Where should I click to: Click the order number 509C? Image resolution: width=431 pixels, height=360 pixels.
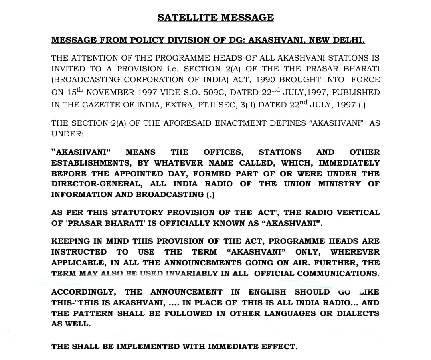pyautogui.click(x=214, y=93)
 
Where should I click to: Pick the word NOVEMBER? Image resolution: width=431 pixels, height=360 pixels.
pyautogui.click(x=110, y=93)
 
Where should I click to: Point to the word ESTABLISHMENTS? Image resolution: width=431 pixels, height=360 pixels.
pyautogui.click(x=92, y=163)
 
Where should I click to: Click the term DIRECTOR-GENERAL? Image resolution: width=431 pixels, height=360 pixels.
pyautogui.click(x=96, y=184)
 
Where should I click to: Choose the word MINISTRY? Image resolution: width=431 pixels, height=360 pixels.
pyautogui.click(x=340, y=184)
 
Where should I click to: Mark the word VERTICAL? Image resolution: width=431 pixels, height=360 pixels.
pyautogui.click(x=357, y=212)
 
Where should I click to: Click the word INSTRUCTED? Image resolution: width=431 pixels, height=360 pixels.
pyautogui.click(x=79, y=252)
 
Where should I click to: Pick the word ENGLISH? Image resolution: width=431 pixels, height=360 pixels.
pyautogui.click(x=267, y=292)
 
